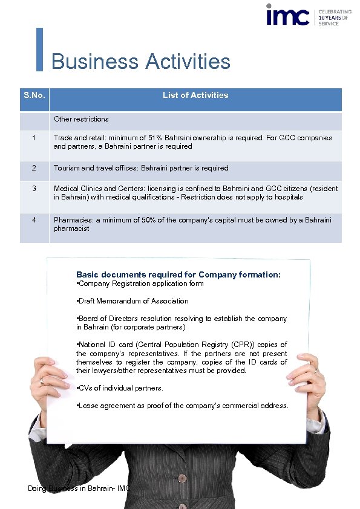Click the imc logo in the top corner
coord(288,16)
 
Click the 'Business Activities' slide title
coord(141,62)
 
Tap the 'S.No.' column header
coord(34,96)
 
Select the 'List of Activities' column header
coord(195,95)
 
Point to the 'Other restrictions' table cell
coord(82,119)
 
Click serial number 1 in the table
coord(34,138)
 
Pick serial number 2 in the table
coord(34,168)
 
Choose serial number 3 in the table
coord(34,189)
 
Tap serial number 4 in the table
coord(34,220)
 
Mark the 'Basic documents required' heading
coord(178,274)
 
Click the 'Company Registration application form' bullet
coord(141,284)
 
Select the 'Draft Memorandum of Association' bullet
coord(133,301)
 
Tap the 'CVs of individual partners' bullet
coord(120,388)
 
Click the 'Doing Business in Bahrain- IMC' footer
coord(79,488)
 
